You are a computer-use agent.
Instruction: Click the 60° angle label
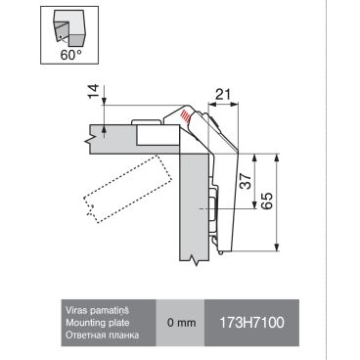pyautogui.click(x=70, y=55)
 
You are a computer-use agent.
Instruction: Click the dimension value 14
pyautogui.click(x=93, y=92)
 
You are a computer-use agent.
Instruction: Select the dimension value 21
pyautogui.click(x=223, y=95)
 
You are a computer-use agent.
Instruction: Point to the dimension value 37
pyautogui.click(x=247, y=181)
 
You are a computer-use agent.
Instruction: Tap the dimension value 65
pyautogui.click(x=266, y=201)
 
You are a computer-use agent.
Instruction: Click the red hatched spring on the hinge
pyautogui.click(x=185, y=116)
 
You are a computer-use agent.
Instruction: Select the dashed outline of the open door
pyautogui.click(x=128, y=189)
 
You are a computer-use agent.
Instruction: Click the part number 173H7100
pyautogui.click(x=251, y=323)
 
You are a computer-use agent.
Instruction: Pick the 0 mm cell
pyautogui.click(x=181, y=323)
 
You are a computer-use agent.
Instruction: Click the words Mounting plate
pyautogui.click(x=98, y=323)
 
